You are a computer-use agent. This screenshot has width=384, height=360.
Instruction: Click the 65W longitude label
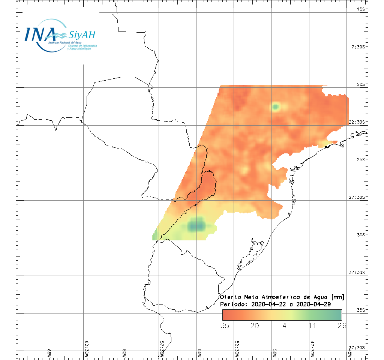[49, 354]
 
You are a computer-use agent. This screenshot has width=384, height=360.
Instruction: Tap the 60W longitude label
[124, 354]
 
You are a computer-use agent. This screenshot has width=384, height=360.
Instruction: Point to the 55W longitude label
[199, 354]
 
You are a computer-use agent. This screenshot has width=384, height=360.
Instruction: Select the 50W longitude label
[274, 354]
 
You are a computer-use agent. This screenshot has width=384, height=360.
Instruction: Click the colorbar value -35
[222, 325]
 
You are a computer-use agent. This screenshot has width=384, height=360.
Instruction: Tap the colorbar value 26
[341, 325]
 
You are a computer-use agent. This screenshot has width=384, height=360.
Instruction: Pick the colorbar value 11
[312, 325]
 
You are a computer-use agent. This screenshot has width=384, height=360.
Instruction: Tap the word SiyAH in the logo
[82, 35]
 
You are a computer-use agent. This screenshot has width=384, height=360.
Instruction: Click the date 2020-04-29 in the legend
[313, 304]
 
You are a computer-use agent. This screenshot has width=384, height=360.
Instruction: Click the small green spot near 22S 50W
[275, 107]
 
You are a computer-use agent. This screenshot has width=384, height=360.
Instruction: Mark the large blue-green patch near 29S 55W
[196, 225]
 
